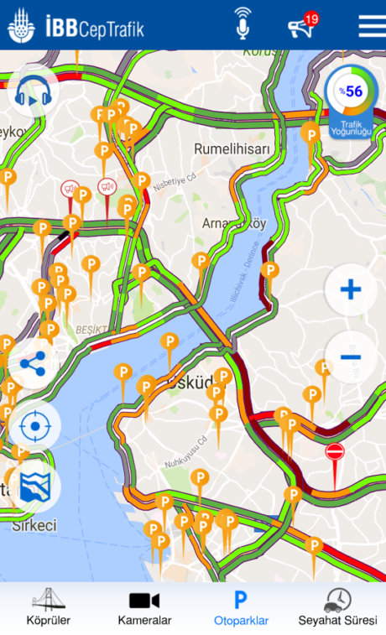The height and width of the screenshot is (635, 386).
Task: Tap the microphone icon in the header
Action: click(243, 24)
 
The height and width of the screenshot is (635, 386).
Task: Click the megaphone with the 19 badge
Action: click(301, 26)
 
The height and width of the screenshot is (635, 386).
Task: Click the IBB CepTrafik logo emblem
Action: click(22, 26)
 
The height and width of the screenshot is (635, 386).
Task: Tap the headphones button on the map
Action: click(34, 91)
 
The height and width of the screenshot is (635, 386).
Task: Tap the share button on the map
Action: click(34, 363)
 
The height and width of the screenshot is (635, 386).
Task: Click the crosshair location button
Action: click(34, 426)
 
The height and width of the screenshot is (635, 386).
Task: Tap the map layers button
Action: click(34, 486)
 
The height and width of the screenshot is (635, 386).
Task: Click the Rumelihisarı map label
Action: click(232, 148)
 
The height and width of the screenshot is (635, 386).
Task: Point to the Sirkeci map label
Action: click(34, 526)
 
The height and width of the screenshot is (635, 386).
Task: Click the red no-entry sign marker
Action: click(335, 452)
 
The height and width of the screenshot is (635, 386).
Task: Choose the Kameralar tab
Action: click(144, 606)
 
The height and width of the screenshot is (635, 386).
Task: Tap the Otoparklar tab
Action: click(241, 606)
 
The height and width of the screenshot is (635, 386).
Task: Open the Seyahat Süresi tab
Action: click(337, 606)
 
